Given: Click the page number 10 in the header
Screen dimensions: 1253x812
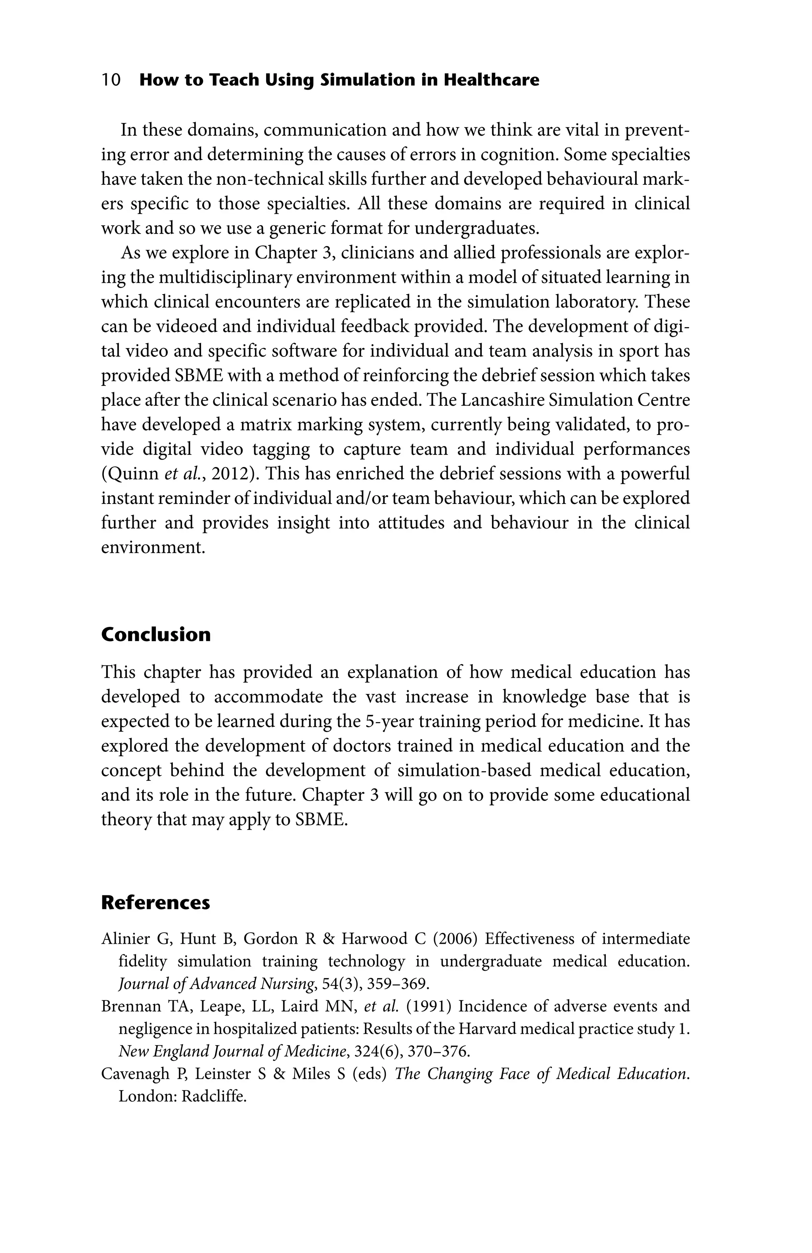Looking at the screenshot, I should click(111, 80).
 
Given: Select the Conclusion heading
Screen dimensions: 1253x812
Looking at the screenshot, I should click(155, 634).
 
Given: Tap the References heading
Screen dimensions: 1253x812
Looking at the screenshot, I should click(155, 902).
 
